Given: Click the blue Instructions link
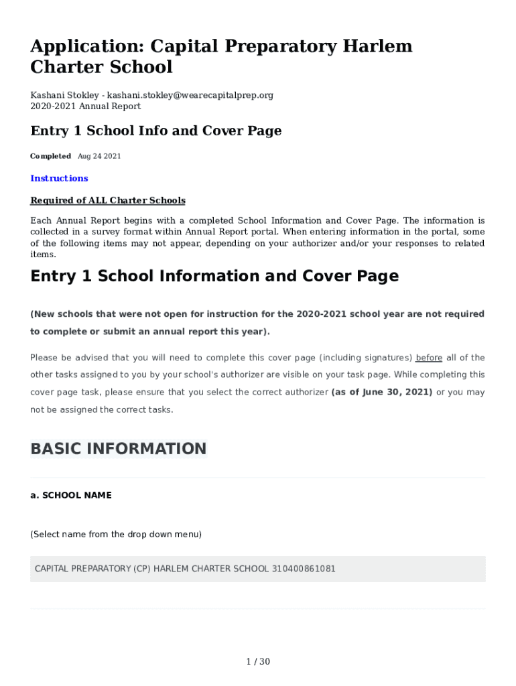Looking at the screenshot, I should click(x=59, y=178).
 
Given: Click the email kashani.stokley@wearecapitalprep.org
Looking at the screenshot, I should click(x=190, y=95).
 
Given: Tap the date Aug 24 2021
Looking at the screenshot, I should click(x=99, y=156).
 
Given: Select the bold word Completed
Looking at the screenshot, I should click(x=50, y=156).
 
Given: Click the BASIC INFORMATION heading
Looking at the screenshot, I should click(x=119, y=449).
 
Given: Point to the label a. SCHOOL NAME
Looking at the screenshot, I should click(x=71, y=495).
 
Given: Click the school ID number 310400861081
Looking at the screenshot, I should click(x=304, y=569).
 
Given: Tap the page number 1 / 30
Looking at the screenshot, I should click(x=258, y=662).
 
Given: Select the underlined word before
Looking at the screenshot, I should click(x=429, y=358).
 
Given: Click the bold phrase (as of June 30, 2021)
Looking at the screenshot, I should click(x=382, y=392).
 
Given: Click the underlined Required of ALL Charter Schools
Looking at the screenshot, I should click(x=108, y=200).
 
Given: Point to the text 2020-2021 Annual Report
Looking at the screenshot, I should click(x=85, y=106).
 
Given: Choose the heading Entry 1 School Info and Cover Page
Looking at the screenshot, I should click(x=155, y=131).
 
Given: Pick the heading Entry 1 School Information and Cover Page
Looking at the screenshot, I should click(x=214, y=276).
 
